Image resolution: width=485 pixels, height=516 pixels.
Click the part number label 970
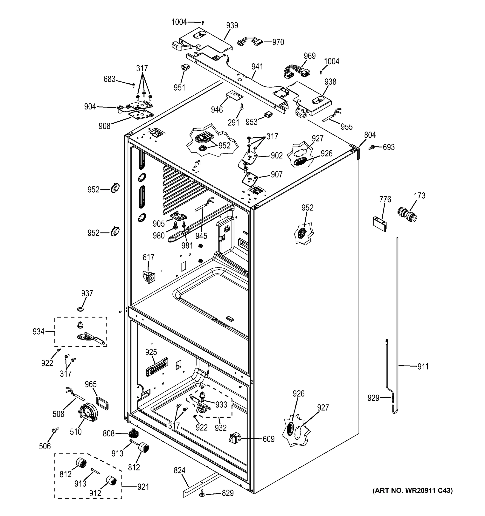[278, 42]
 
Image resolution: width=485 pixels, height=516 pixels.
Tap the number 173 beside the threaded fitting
[420, 195]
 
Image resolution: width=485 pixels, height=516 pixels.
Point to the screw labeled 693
[372, 147]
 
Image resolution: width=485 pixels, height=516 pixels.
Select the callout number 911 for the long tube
[423, 367]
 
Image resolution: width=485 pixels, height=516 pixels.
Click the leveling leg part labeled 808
[134, 433]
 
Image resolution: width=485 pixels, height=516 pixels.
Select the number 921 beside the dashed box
[143, 487]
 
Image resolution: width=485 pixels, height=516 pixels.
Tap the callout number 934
[38, 332]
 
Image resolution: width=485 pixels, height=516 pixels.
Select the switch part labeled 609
[234, 438]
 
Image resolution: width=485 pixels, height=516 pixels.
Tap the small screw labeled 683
[134, 85]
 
